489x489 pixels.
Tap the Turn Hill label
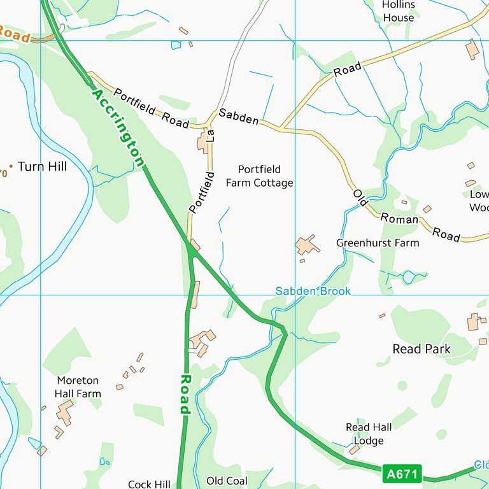[42, 167]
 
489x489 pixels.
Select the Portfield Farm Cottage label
[259, 176]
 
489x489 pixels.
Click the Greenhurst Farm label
[378, 243]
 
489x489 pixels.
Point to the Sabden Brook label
[313, 291]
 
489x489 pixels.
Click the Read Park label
[422, 349]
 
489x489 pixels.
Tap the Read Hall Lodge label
[369, 434]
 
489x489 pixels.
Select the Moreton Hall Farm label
[78, 387]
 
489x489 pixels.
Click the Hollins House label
[399, 11]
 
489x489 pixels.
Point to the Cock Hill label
[149, 485]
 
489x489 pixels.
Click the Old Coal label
[227, 481]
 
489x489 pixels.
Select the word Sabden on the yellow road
[239, 117]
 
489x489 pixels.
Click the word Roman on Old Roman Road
[400, 219]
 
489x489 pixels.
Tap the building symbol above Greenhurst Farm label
[307, 245]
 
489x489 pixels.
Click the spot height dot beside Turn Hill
[11, 166]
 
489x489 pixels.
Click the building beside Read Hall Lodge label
[354, 450]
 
